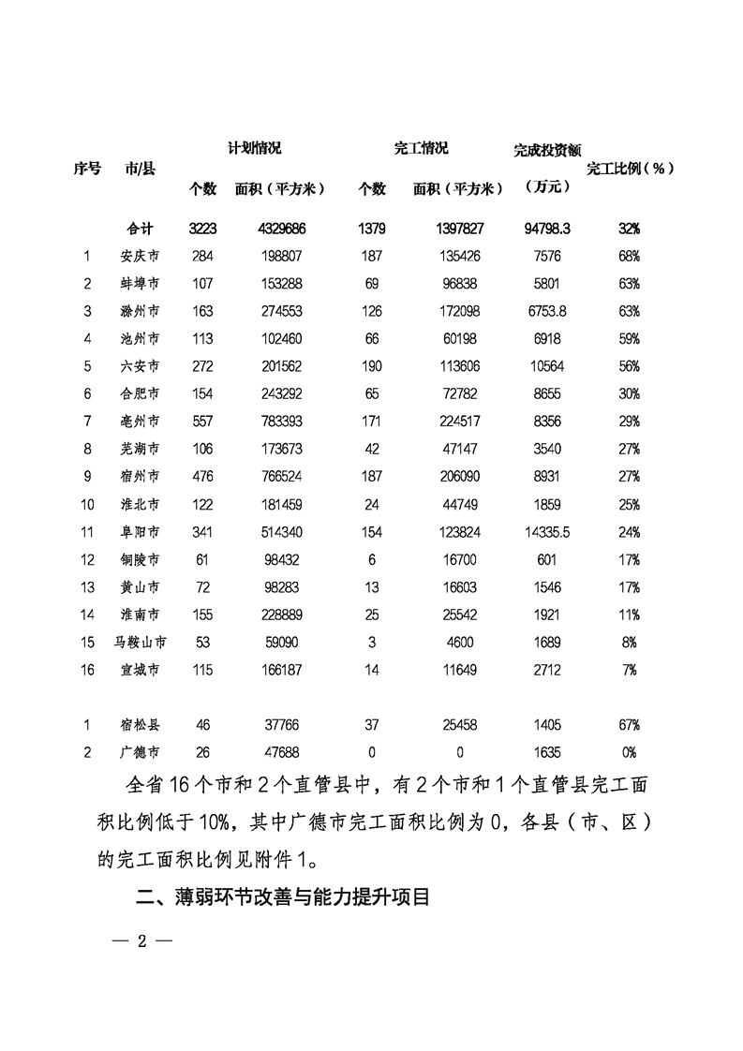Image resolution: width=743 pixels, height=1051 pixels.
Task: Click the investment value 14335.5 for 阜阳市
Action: [548, 532]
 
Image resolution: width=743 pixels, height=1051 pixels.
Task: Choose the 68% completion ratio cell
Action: [629, 255]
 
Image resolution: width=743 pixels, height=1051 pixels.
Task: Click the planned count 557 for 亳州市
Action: [201, 422]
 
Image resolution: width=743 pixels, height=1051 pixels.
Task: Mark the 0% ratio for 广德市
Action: [629, 752]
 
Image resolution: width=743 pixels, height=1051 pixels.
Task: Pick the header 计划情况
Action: [255, 149]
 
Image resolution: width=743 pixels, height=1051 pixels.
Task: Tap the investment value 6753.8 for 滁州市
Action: [548, 311]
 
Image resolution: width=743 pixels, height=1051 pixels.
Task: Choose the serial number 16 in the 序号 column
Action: [87, 671]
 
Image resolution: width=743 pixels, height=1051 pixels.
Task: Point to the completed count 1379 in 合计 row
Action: [371, 228]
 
